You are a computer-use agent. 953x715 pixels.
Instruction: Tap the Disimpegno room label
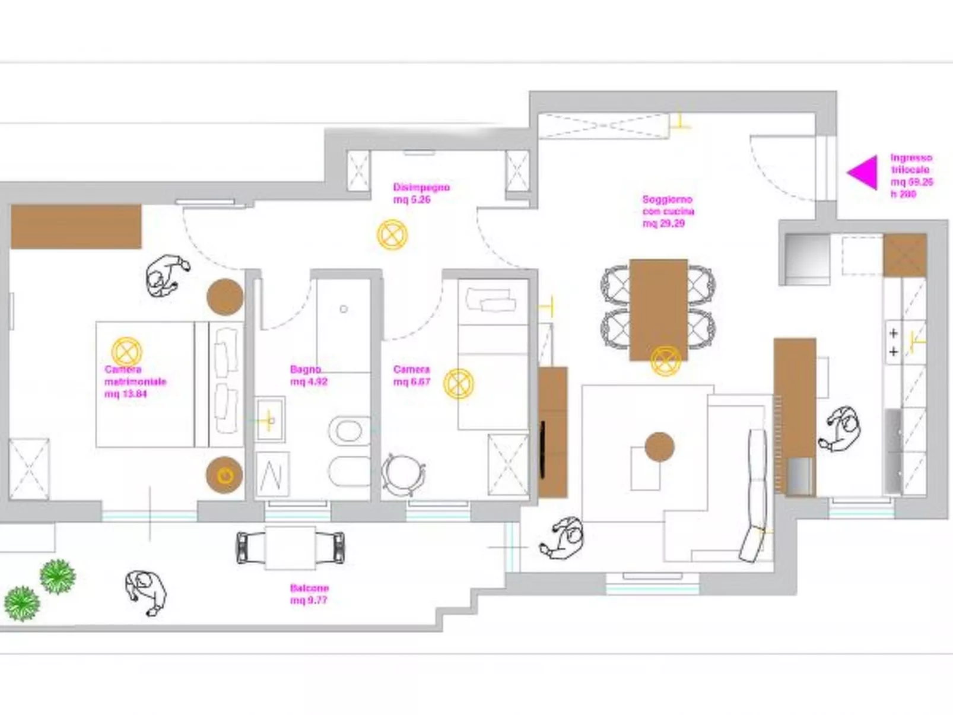421,193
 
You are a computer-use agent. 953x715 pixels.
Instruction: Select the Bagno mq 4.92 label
309,376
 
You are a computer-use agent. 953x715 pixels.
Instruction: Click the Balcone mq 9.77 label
309,594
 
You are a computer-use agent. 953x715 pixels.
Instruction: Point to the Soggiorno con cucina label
668,211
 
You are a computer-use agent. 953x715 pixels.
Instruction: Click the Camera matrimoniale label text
135,382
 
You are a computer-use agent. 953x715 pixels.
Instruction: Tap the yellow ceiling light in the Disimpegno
392,235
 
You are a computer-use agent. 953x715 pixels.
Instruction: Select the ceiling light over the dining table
665,361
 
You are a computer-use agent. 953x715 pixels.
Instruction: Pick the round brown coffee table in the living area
659,447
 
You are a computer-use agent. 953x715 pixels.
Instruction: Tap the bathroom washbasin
270,420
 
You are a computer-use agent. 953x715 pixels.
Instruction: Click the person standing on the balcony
146,592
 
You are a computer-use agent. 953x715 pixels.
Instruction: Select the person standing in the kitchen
841,429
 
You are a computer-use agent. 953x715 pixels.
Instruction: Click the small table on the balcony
290,548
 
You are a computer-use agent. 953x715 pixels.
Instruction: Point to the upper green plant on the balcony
58,576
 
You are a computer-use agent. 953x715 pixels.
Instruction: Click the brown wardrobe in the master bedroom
76,227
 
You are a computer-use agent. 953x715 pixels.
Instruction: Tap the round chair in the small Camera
403,474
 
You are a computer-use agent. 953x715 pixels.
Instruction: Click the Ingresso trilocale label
911,176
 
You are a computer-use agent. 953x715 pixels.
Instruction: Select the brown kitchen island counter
795,415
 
